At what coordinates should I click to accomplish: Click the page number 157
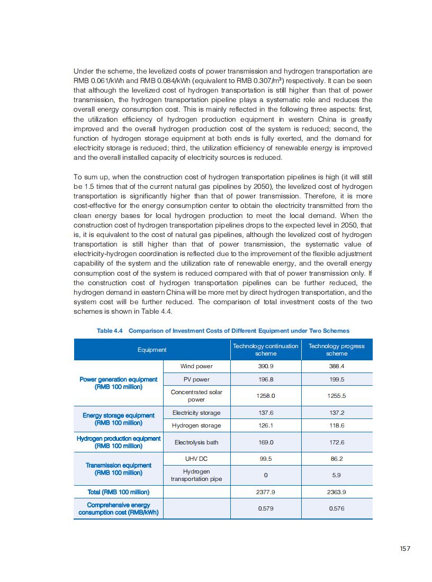pos(405,549)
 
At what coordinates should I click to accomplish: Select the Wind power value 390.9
pos(266,366)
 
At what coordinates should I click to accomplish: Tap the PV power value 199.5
pos(337,379)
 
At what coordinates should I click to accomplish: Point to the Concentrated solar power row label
pos(196,396)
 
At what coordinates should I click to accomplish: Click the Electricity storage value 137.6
pos(266,413)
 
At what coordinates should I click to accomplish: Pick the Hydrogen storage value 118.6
pos(337,425)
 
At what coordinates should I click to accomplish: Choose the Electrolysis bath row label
pos(196,442)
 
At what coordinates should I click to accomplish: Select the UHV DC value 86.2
pos(337,459)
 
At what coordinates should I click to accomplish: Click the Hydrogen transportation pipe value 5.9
pos(337,475)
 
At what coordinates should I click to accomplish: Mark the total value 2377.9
pos(266,492)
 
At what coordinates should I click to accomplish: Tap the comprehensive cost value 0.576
pos(337,508)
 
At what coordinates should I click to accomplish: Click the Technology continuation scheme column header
pos(266,349)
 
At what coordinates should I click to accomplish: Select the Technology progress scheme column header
pos(337,349)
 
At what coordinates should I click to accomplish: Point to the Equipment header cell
pos(152,350)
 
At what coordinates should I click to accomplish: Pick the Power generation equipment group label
pos(119,383)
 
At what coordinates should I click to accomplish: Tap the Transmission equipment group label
pos(119,469)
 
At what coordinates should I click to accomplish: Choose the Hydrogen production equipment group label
pos(119,442)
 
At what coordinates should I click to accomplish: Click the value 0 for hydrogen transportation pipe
pos(266,475)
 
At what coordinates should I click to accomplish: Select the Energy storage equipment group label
pos(119,419)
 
